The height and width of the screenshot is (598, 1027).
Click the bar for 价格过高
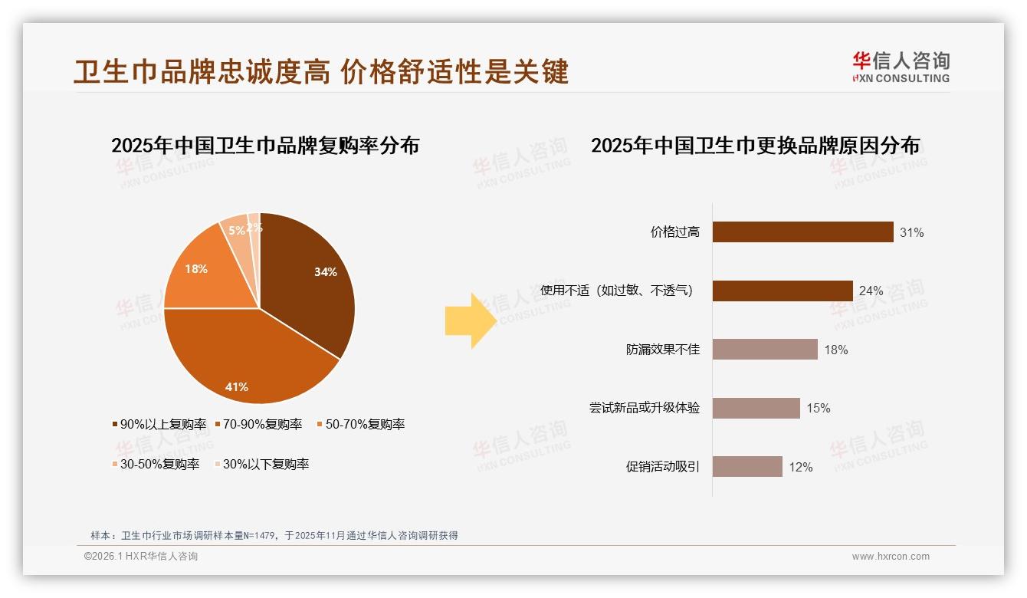pos(802,232)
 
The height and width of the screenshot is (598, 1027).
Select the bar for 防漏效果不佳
pos(765,350)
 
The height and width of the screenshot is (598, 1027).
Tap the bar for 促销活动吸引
pos(747,467)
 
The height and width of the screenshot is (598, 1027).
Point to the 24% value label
pos(871,291)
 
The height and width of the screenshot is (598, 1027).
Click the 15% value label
pos(818,409)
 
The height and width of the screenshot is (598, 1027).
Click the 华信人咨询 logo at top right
pos(901,67)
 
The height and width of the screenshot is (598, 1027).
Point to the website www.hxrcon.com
pos(891,557)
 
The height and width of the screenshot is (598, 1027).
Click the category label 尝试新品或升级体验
pos(644,408)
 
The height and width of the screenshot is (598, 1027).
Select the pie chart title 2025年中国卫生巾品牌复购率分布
pos(265,146)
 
